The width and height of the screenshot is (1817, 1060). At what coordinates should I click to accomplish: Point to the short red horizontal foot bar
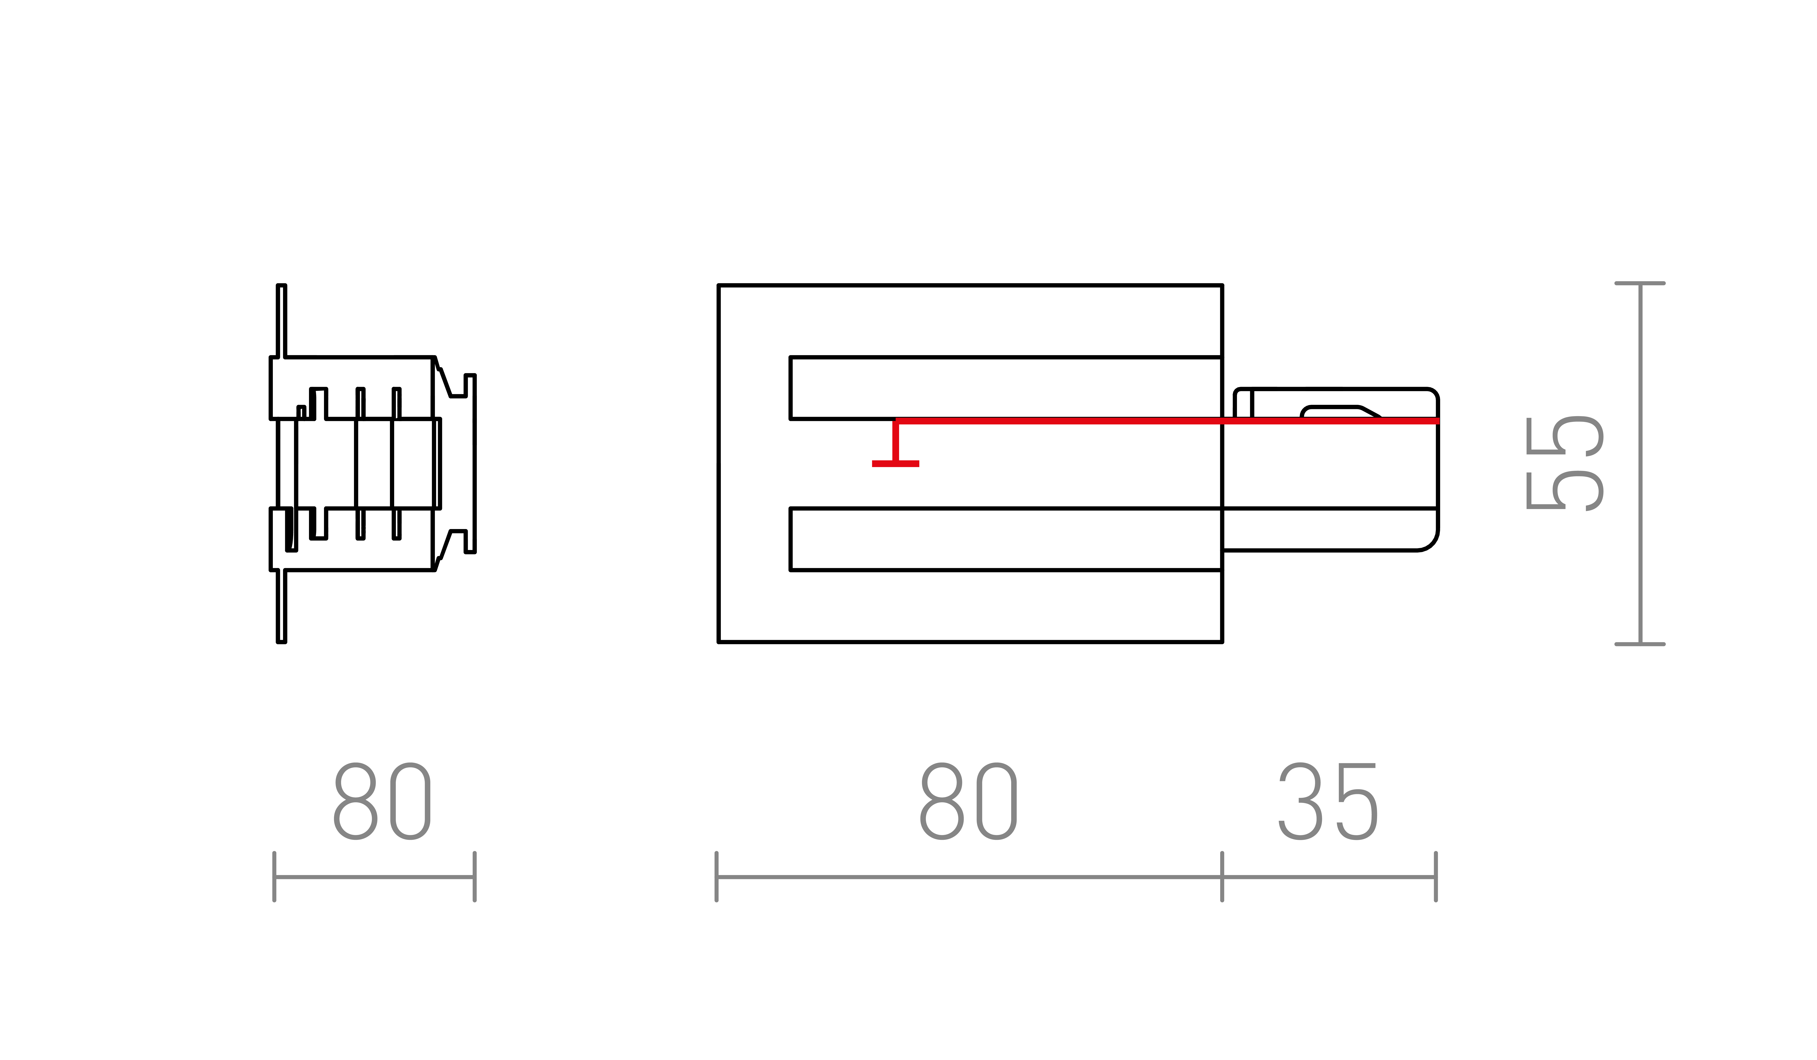[x=896, y=464]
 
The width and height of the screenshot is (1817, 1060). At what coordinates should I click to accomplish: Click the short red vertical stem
[x=896, y=441]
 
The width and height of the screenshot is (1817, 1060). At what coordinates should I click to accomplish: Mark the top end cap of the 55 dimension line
[x=1640, y=283]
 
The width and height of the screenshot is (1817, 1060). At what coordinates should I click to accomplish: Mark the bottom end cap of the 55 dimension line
[x=1640, y=644]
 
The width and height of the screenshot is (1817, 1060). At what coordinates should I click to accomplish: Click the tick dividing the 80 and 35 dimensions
[x=1222, y=877]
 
